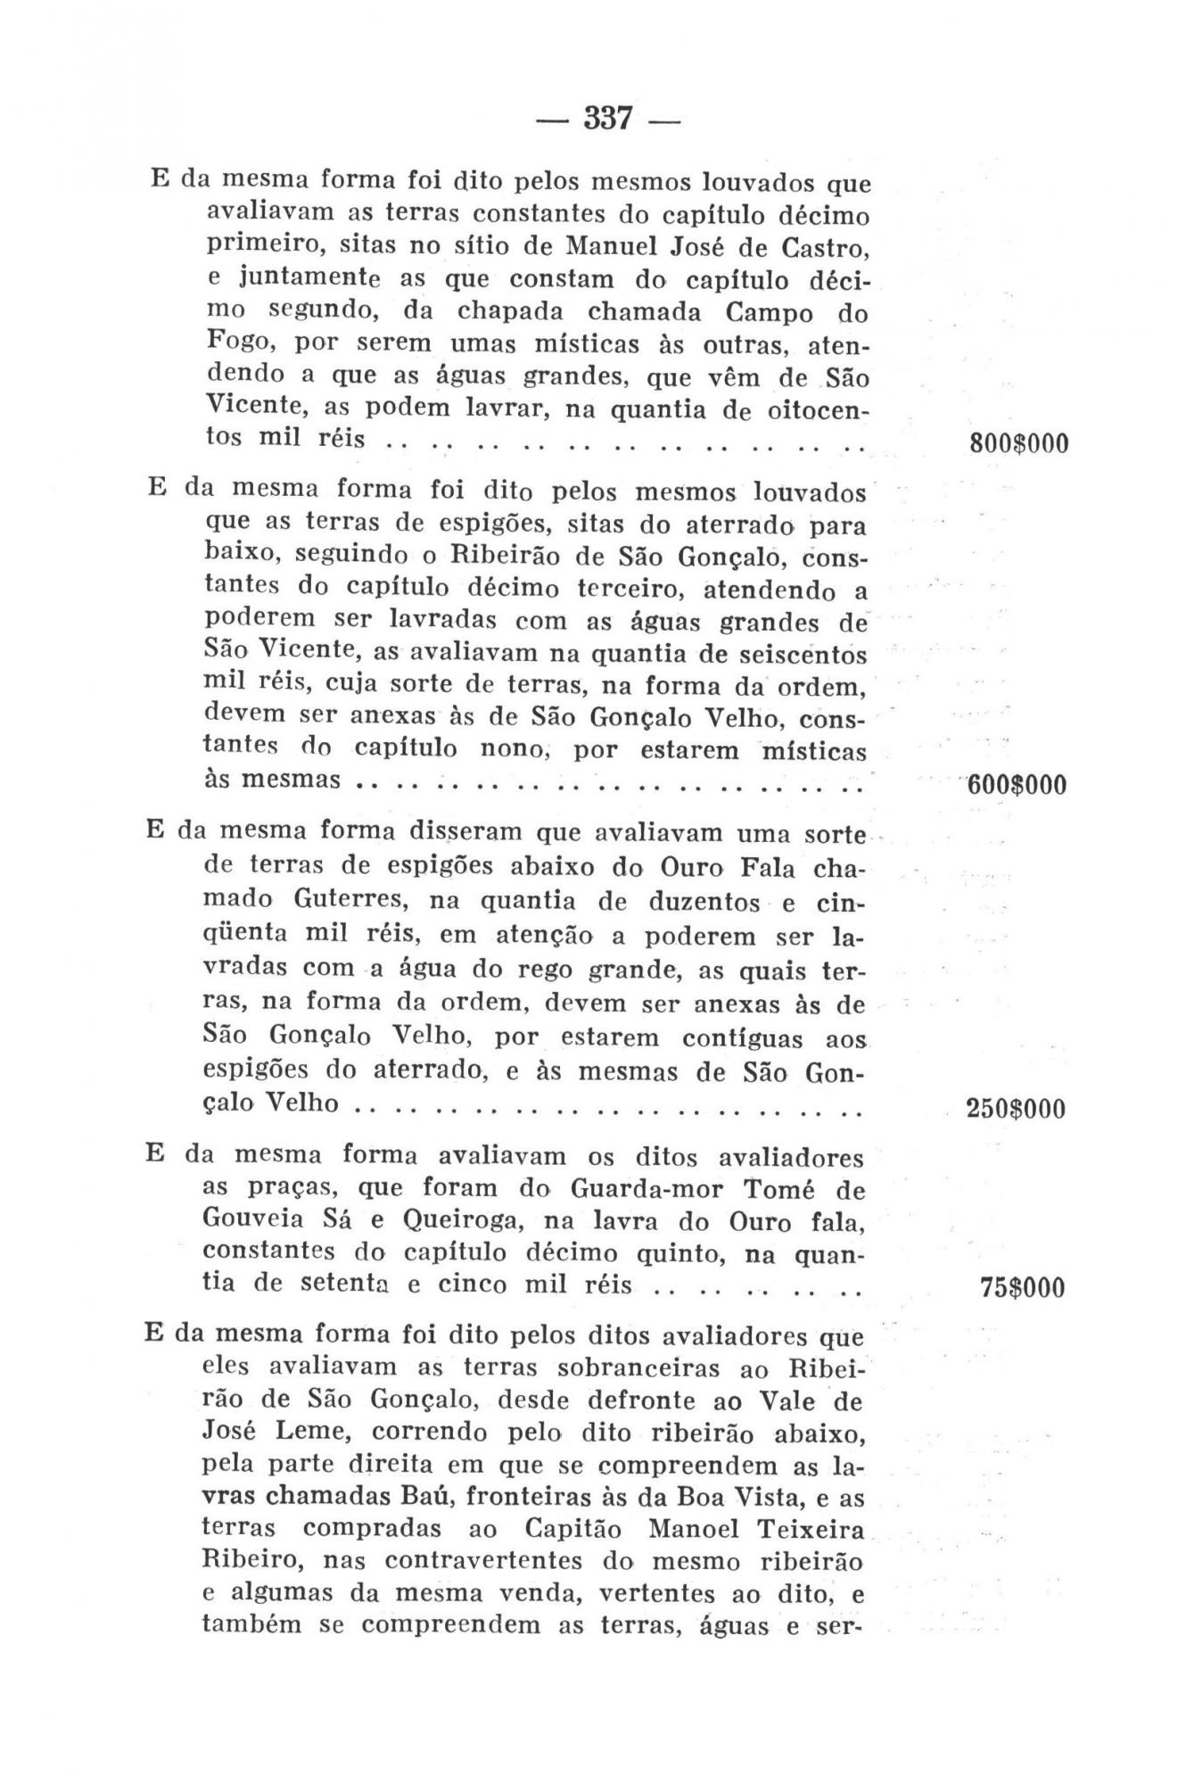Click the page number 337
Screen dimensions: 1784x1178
(607, 118)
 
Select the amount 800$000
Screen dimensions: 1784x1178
(1017, 443)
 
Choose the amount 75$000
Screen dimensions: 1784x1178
(1022, 1288)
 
